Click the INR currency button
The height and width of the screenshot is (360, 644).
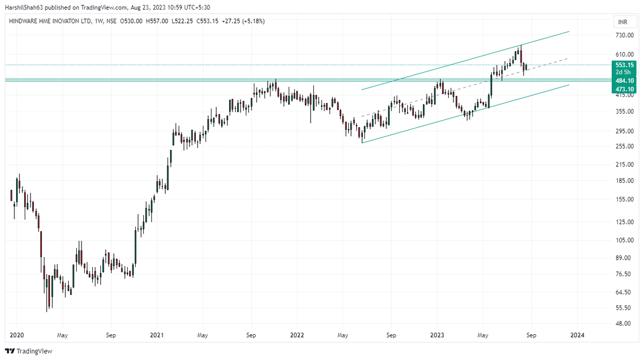tap(622, 22)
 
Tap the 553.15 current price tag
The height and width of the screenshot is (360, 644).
tap(623, 65)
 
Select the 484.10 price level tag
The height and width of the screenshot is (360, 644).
tap(623, 80)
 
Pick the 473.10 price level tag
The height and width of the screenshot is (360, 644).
tap(623, 89)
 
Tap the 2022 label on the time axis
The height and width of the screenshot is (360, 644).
tap(297, 335)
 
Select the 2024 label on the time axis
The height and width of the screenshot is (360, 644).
tap(577, 335)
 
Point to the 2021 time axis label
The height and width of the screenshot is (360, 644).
tap(157, 335)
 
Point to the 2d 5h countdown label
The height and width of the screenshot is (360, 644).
tap(623, 72)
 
